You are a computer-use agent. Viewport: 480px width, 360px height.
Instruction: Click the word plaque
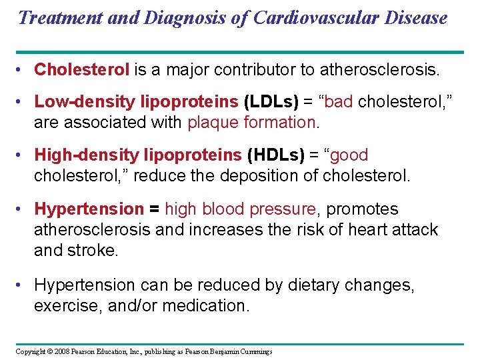coord(211,123)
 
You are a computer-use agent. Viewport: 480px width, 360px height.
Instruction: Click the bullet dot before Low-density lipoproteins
coord(22,102)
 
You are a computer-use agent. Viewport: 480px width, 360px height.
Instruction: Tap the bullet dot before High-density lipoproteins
coord(22,155)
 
